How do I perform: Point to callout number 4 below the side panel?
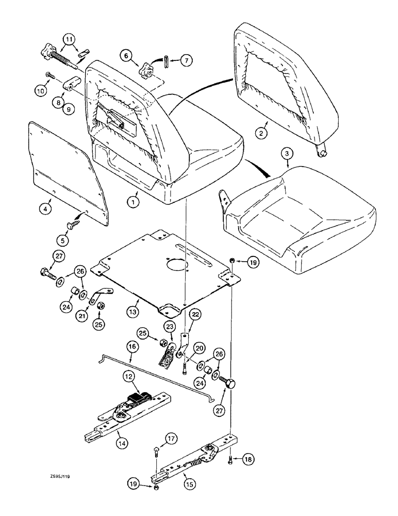pyautogui.click(x=45, y=209)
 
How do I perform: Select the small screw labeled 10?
pyautogui.click(x=48, y=75)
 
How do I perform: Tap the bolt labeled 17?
pyautogui.click(x=155, y=454)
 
